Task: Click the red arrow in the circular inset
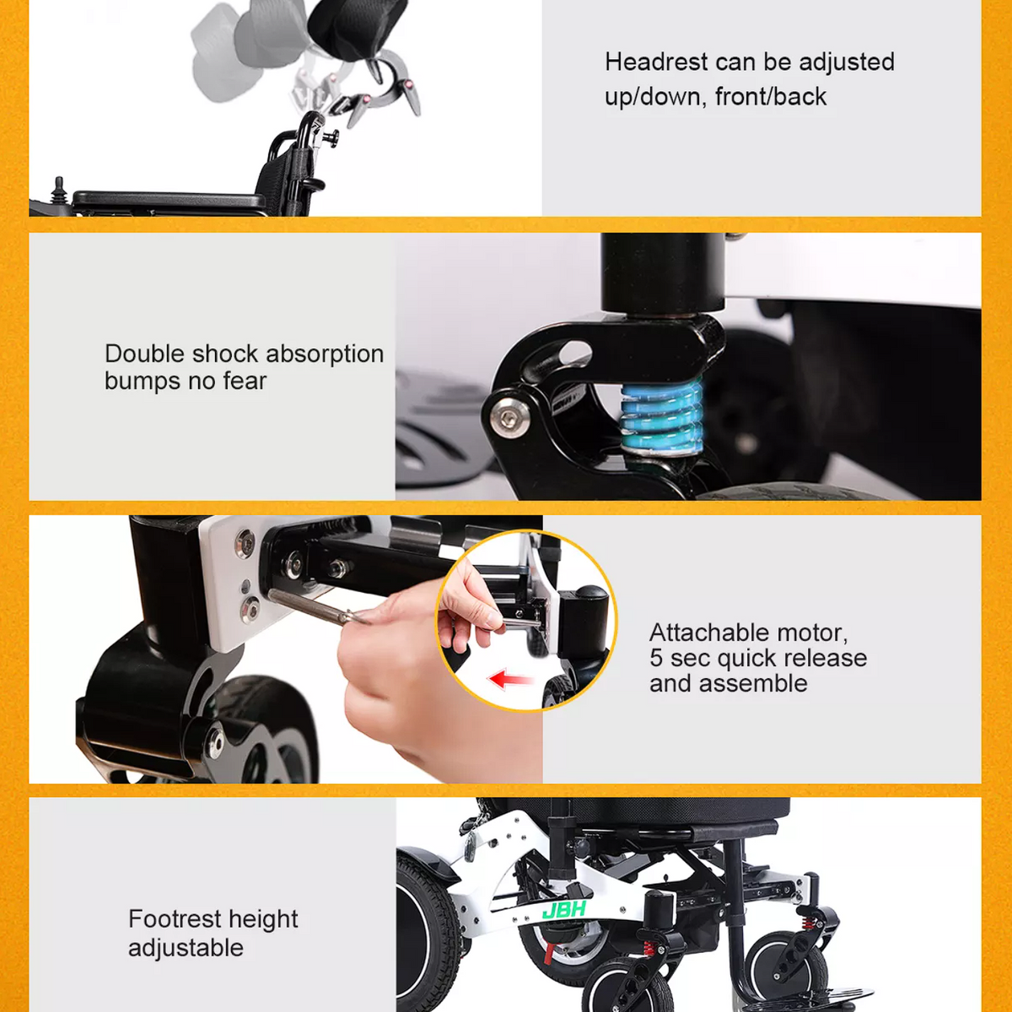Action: pos(510,679)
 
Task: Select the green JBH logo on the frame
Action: pos(564,909)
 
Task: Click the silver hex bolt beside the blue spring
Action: pos(509,418)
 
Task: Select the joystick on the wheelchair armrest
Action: pos(58,190)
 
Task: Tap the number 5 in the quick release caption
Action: pos(656,658)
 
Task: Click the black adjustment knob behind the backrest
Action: pos(331,137)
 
